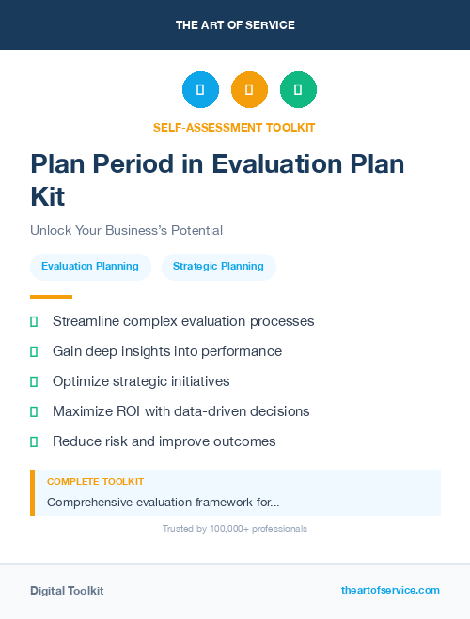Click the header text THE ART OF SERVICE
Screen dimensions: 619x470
tap(235, 25)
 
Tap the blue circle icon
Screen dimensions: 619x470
tap(200, 90)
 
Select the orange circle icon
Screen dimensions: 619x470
tap(249, 90)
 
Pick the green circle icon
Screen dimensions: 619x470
tap(298, 90)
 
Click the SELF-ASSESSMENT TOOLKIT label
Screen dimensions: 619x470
tap(234, 127)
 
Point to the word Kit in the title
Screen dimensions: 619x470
tap(48, 197)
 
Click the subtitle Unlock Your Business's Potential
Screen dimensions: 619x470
tap(126, 230)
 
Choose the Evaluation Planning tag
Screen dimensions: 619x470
tap(90, 267)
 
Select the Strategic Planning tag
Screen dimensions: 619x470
tap(218, 267)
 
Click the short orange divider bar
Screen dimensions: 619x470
tap(51, 297)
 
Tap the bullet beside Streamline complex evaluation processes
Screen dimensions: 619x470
tap(34, 321)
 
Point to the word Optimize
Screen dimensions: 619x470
tap(82, 381)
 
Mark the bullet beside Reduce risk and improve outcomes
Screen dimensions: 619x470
tap(34, 441)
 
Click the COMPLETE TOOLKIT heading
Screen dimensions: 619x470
tap(95, 482)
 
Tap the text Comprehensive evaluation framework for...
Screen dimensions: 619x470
tap(162, 503)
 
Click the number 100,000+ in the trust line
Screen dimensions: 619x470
tap(221, 529)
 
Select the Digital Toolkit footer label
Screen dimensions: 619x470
tap(67, 591)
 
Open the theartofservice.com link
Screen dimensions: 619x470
tap(390, 590)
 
